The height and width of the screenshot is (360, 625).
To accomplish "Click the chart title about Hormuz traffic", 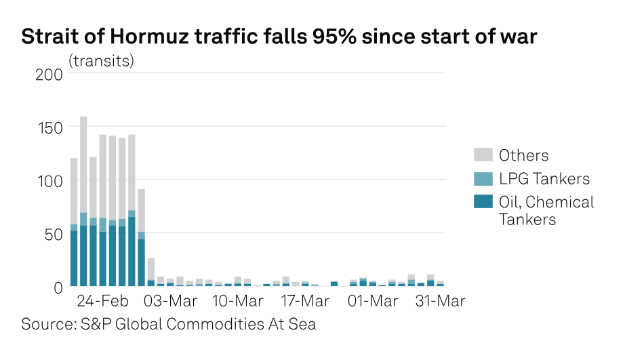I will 279,37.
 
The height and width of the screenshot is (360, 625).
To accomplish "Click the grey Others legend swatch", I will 482,155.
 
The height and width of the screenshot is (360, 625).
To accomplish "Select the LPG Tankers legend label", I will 544,179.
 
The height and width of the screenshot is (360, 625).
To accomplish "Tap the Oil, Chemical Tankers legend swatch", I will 482,202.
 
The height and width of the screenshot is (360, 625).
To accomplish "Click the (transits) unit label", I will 102,60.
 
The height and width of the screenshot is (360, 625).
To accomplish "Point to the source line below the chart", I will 169,324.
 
